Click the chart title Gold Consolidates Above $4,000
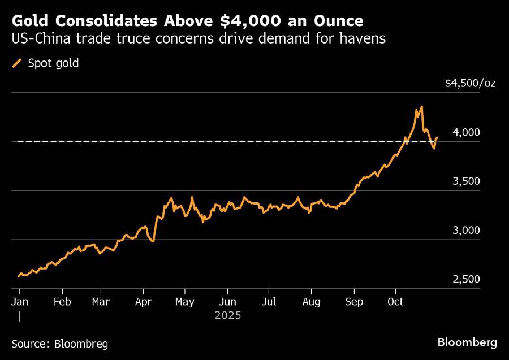coord(187,21)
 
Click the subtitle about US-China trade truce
coord(199,39)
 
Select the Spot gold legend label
coord(53,63)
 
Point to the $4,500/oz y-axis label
coord(470,83)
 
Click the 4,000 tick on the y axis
coord(467,132)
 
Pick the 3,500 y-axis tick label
coord(467,181)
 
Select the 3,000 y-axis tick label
coord(467,231)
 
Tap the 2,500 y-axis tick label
coord(467,280)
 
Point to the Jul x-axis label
coord(269,302)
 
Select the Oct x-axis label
coord(395,302)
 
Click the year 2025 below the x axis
coord(227,315)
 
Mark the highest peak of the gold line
coord(422,106)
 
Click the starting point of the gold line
coord(18,276)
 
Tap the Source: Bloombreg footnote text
coord(59,343)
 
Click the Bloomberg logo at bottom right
coord(467,342)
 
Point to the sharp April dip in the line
coord(153,241)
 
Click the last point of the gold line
coord(437,137)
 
